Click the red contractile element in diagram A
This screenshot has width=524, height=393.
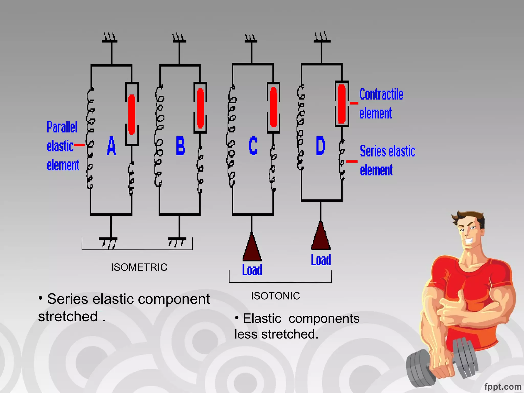pyautogui.click(x=132, y=114)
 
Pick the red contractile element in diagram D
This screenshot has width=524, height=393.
pyautogui.click(x=342, y=104)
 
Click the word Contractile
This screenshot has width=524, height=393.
pyautogui.click(x=381, y=94)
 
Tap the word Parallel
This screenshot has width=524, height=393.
pyautogui.click(x=62, y=127)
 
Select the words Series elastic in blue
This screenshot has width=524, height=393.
pyautogui.click(x=387, y=151)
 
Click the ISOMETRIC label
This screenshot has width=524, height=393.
pyautogui.click(x=139, y=267)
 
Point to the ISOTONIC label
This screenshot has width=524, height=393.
pyautogui.click(x=275, y=296)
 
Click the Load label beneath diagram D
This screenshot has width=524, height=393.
pyautogui.click(x=321, y=260)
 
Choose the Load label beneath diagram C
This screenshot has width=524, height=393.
pyautogui.click(x=252, y=270)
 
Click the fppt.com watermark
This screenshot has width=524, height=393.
pyautogui.click(x=503, y=387)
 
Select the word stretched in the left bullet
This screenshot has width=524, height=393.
pyautogui.click(x=68, y=316)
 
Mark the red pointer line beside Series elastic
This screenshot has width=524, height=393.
pyautogui.click(x=352, y=161)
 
